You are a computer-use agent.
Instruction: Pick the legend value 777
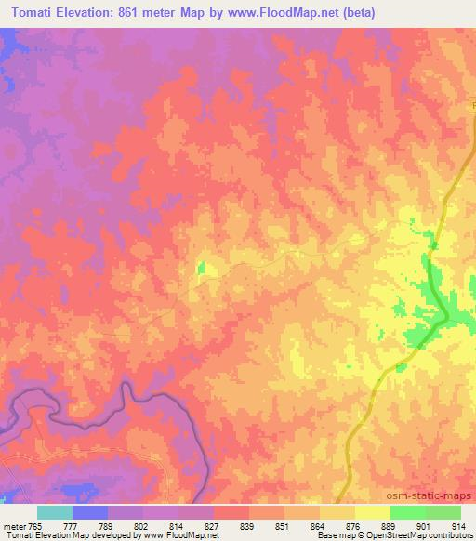(71, 524)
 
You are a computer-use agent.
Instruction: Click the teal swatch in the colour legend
(54, 511)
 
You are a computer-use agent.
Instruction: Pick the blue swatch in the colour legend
(89, 511)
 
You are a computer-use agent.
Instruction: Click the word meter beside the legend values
(13, 524)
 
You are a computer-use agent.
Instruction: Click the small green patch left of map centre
(201, 269)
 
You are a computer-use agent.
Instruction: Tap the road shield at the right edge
(471, 109)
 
